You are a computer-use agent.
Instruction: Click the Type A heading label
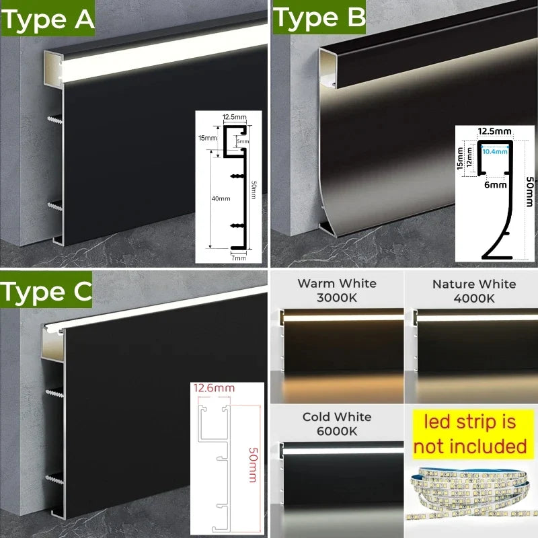48,20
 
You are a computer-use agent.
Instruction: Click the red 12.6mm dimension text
213,388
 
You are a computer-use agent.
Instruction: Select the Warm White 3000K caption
337,290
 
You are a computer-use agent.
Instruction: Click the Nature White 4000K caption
474,290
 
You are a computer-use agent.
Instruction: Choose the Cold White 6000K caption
336,424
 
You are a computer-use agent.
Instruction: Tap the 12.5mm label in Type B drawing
494,130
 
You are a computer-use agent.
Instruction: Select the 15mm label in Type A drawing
207,137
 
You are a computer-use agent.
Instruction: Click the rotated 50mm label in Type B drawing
529,192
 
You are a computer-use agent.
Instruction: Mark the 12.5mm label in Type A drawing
235,117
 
